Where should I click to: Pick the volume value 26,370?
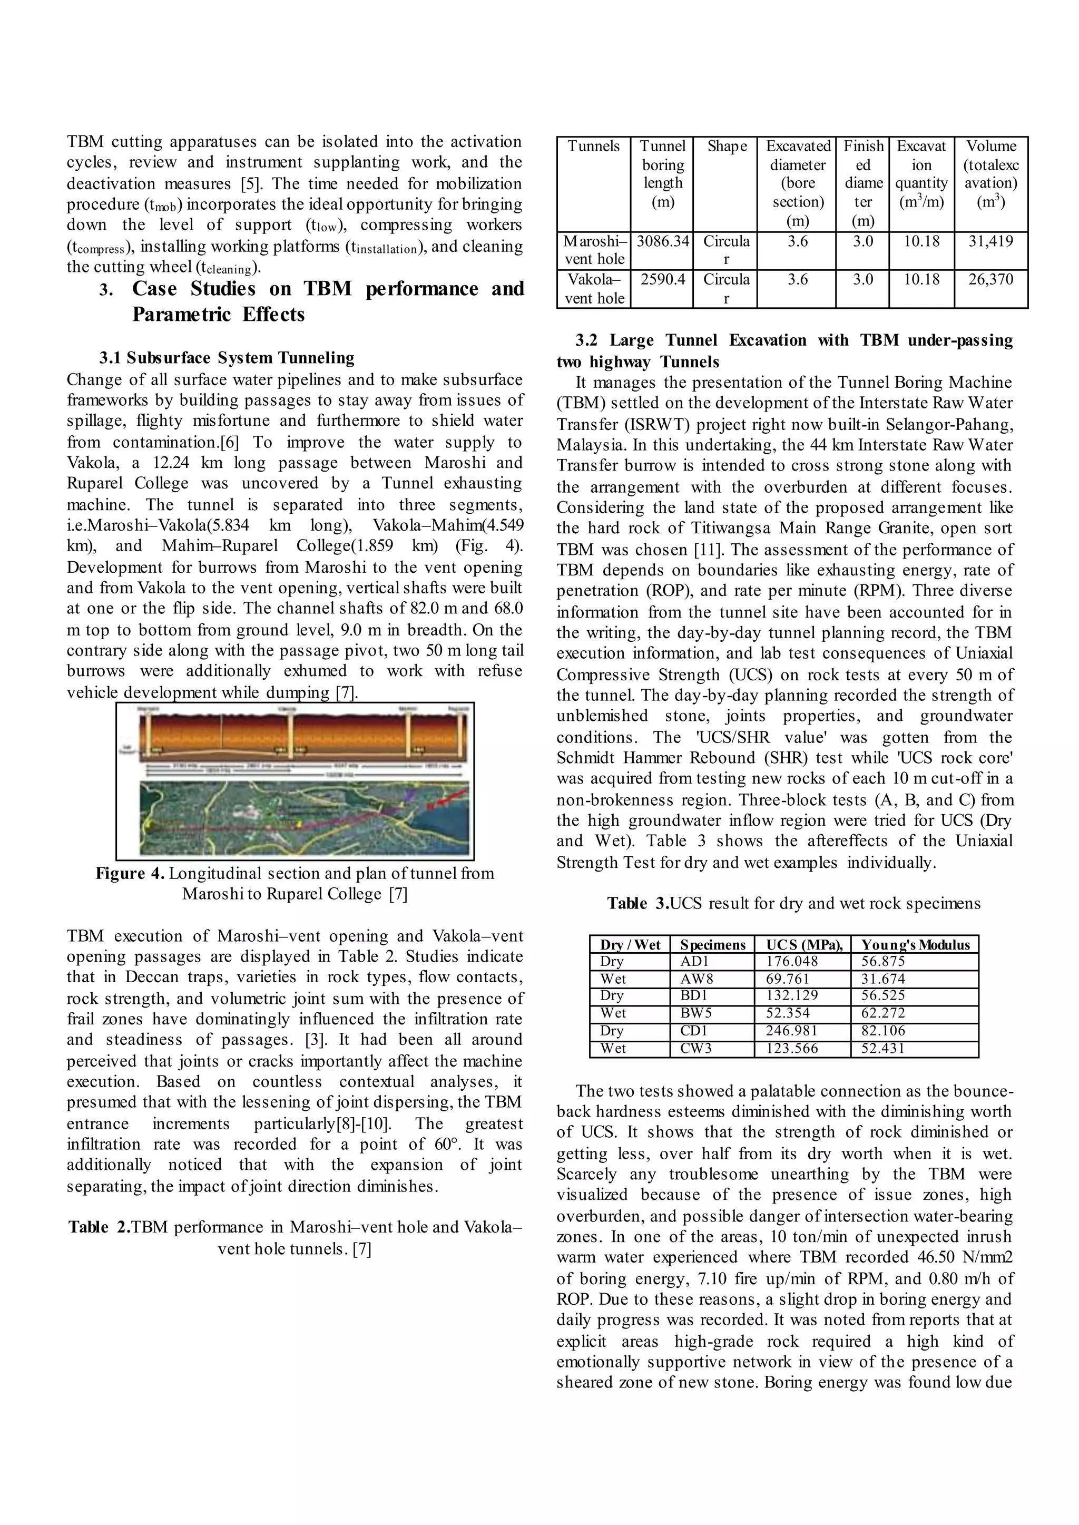click(990, 279)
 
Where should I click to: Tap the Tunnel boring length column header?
click(662, 173)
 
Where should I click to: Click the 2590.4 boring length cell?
click(662, 279)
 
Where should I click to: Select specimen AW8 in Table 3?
click(694, 979)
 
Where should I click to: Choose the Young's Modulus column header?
click(915, 944)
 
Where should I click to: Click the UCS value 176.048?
click(792, 962)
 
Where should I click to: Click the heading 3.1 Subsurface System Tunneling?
click(227, 358)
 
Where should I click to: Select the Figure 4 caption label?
click(130, 873)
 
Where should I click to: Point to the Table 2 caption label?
click(99, 1227)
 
